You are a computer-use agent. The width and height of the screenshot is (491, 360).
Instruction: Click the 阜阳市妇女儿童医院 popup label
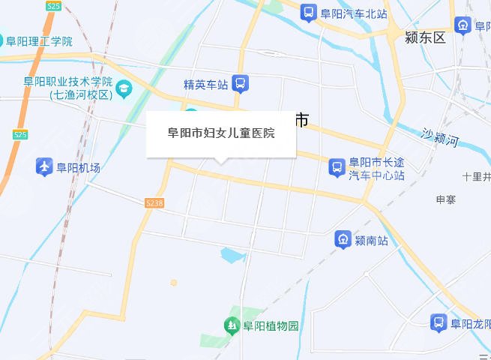pos(221,134)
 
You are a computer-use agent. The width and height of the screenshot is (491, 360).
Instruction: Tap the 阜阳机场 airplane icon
pos(44,166)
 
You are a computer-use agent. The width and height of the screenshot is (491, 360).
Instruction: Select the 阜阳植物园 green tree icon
pos(232,325)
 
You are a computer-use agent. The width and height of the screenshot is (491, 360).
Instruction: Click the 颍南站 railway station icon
pos(343,240)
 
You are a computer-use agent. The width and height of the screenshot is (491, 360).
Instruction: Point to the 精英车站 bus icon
pos(241,83)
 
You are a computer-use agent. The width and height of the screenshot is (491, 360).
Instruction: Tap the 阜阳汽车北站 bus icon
pos(307,13)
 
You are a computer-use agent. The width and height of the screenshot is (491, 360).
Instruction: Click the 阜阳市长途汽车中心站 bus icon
pos(337,166)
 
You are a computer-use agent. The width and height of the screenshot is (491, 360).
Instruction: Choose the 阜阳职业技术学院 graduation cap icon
pos(124,90)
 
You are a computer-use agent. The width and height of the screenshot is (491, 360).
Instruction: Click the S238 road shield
pos(154,203)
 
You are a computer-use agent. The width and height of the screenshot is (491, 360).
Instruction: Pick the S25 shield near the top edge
pos(53,5)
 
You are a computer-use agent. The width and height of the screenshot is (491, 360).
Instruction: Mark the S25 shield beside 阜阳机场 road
pos(20,134)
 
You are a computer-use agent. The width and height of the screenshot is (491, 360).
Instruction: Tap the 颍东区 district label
pos(424,37)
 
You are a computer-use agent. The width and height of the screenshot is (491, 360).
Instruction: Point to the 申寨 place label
pos(446,200)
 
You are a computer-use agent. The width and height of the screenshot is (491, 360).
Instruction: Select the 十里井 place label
pos(476,177)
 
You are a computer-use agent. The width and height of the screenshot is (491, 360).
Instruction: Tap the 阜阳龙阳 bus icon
pos(439,323)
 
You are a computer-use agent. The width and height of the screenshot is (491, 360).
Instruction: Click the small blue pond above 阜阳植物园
pos(232,256)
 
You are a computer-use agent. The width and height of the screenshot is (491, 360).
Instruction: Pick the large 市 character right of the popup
pos(301,120)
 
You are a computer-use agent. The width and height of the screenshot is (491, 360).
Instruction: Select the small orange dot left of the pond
pos(174,283)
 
